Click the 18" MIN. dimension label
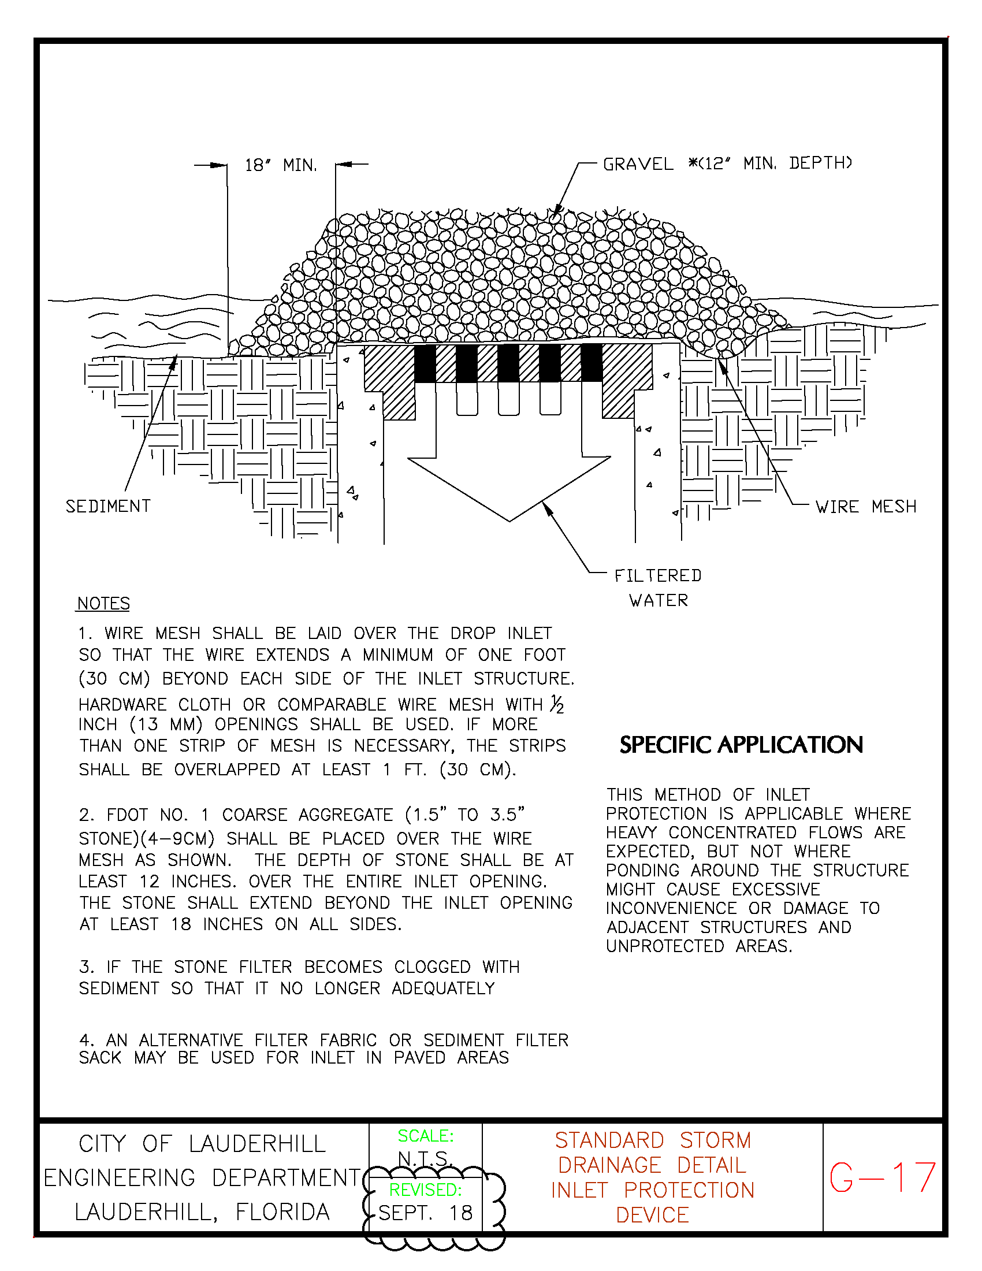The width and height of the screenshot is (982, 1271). (x=281, y=165)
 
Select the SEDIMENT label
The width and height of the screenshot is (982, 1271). (x=108, y=506)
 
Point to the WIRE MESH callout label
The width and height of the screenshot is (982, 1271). (x=866, y=507)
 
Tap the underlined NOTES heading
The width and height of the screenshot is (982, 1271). (x=103, y=604)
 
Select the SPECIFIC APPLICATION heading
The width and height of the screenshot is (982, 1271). (x=741, y=745)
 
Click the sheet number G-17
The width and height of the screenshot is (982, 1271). (x=883, y=1178)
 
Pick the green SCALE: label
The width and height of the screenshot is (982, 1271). (x=426, y=1136)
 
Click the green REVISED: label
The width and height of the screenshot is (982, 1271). (x=425, y=1190)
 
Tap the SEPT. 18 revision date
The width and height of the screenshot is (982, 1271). (x=425, y=1213)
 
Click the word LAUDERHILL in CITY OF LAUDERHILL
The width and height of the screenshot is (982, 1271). (x=257, y=1144)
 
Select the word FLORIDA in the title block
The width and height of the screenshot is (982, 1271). (x=282, y=1212)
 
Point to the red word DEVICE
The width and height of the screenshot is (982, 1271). (x=652, y=1215)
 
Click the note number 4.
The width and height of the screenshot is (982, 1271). (x=85, y=1040)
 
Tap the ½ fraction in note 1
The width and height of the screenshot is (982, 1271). (x=557, y=705)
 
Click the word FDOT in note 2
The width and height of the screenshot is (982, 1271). (x=127, y=815)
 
